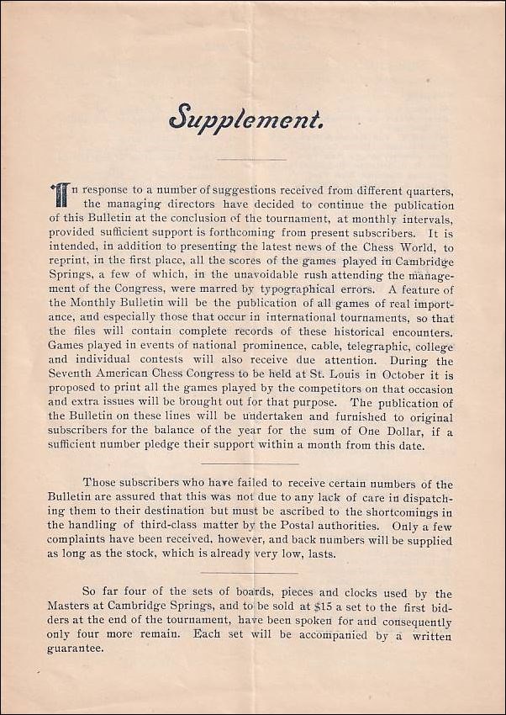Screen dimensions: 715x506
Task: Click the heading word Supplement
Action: click(x=245, y=118)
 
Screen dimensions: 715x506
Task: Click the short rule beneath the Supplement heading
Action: click(x=251, y=159)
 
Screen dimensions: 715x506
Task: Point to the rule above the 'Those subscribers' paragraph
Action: click(x=251, y=463)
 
